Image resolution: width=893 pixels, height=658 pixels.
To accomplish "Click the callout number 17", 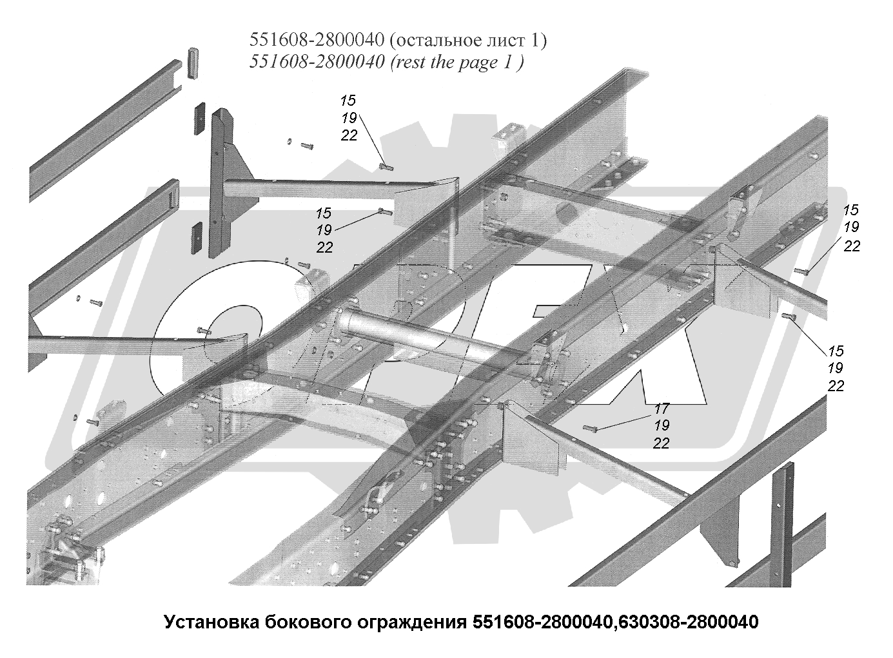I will point(662,409).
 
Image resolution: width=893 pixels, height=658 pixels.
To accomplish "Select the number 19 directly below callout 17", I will point(662,426).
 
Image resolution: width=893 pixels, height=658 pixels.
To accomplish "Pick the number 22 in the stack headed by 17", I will point(662,443).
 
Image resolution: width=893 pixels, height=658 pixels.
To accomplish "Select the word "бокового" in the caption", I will point(306,623).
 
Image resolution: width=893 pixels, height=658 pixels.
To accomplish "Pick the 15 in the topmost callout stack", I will point(348,101).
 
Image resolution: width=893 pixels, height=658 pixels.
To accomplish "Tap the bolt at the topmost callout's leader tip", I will point(386,168).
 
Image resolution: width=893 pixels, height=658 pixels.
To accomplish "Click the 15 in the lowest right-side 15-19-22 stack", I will point(836,351).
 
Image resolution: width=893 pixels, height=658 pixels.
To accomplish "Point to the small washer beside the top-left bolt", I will point(289,142).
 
